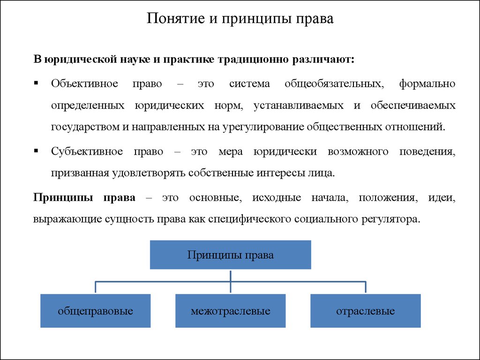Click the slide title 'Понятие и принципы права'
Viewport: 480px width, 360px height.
point(240,19)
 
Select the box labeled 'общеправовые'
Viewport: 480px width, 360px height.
point(96,311)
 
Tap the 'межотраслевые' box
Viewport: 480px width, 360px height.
point(231,311)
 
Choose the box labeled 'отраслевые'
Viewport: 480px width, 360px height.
point(366,311)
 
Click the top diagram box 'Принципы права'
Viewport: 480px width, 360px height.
point(231,255)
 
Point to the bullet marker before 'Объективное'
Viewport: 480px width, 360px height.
point(36,82)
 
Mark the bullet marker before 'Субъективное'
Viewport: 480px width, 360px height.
point(36,150)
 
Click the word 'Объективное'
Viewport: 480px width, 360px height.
point(84,83)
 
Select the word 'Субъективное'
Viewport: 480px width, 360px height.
point(87,151)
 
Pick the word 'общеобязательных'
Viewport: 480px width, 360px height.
point(334,84)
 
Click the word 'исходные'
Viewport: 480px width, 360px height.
point(277,198)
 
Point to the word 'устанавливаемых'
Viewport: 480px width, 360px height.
point(299,105)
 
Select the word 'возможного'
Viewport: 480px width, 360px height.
point(358,151)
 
